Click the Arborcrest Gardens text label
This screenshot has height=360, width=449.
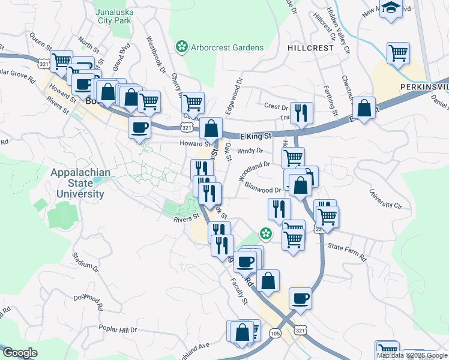(x=228, y=47)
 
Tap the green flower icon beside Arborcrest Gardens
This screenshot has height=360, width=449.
(x=180, y=47)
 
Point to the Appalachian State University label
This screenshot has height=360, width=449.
(x=80, y=184)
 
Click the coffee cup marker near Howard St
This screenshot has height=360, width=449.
(x=140, y=128)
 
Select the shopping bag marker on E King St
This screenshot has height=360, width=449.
(x=211, y=128)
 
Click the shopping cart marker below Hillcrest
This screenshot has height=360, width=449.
(x=398, y=53)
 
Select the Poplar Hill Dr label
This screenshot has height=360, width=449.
(x=118, y=330)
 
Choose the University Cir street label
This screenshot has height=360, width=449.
(x=385, y=201)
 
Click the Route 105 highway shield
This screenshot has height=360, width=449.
(x=276, y=333)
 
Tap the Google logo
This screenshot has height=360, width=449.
(x=20, y=353)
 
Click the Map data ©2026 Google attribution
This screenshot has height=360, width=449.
(x=412, y=355)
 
